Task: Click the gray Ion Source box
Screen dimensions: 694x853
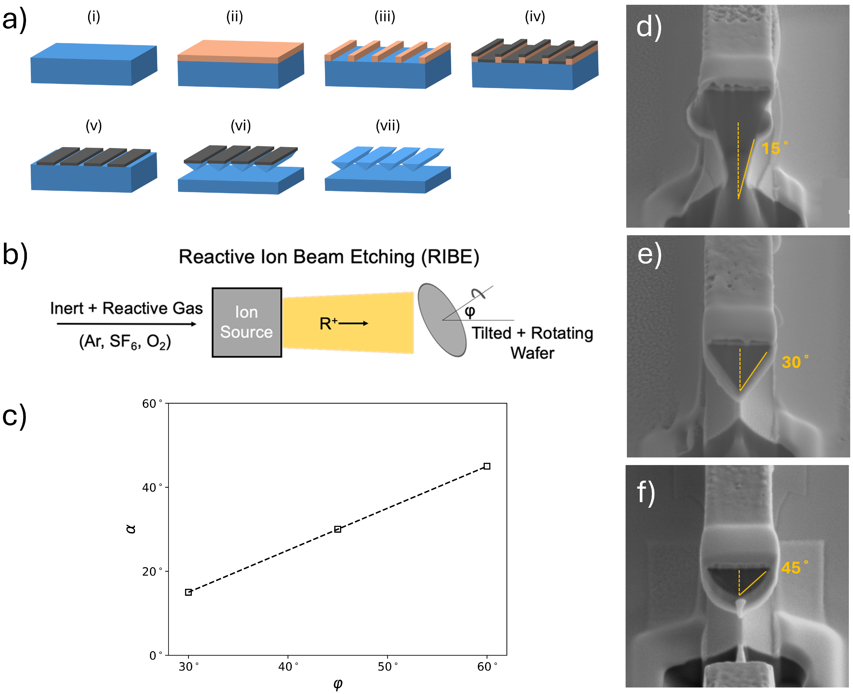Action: point(247,322)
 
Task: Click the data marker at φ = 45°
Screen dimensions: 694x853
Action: point(338,529)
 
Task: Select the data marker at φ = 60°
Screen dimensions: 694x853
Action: point(487,466)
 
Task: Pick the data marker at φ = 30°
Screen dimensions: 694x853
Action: point(188,593)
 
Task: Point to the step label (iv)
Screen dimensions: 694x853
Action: point(535,17)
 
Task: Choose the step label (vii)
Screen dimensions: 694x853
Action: point(388,126)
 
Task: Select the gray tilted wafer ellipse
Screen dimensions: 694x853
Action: point(442,320)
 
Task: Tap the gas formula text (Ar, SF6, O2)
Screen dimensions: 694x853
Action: point(125,342)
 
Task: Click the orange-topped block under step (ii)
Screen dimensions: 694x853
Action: point(240,64)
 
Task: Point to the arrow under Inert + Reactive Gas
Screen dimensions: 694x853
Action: point(127,324)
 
